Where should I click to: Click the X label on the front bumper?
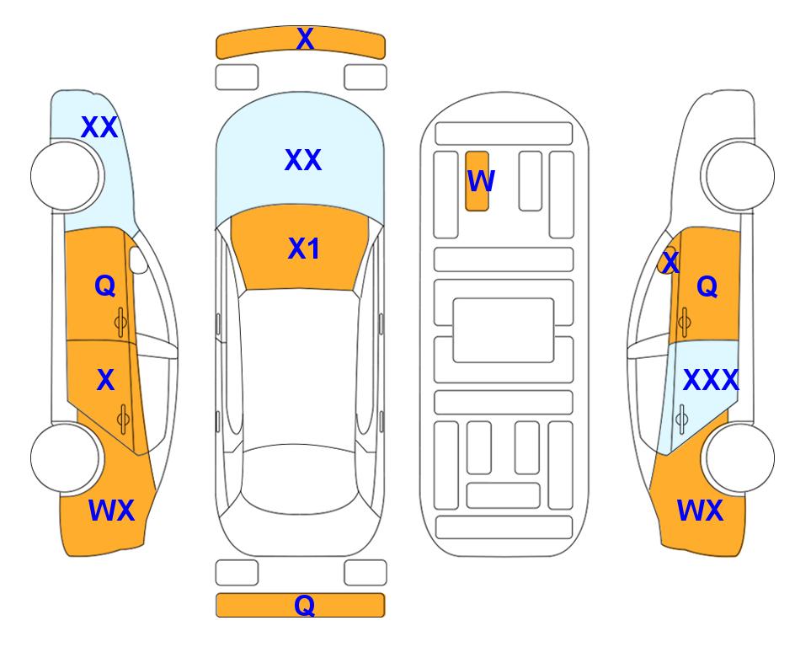305,39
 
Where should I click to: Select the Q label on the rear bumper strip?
305,605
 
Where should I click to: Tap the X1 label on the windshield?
304,249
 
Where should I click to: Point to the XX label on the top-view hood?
303,160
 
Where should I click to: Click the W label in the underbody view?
481,180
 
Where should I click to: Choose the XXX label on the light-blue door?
711,381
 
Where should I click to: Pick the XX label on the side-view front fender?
99,127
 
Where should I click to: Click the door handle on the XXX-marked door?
681,419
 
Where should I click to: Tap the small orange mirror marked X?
667,261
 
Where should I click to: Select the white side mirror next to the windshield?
138,259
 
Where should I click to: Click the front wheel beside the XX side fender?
66,176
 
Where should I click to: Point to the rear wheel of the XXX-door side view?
739,457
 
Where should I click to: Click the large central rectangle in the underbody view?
504,330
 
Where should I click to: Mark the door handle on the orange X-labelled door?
123,419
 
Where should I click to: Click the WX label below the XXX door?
700,511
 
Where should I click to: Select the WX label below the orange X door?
112,511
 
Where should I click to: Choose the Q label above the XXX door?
707,286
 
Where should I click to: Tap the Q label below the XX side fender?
105,286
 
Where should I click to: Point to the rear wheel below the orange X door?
66,457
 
